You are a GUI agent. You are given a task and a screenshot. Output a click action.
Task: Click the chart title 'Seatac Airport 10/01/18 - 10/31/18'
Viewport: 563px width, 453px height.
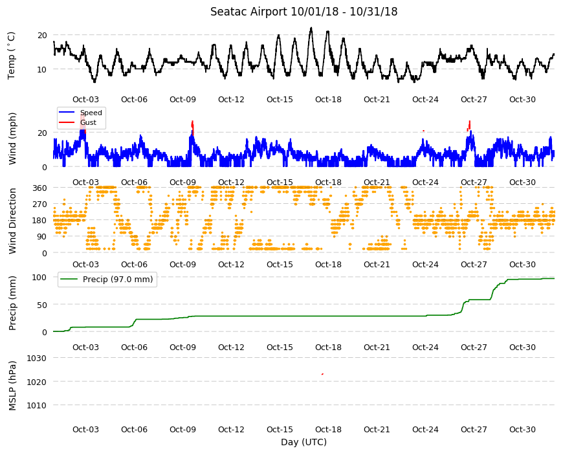[304, 12]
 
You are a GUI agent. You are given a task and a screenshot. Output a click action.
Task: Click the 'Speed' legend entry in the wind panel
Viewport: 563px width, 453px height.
[91, 113]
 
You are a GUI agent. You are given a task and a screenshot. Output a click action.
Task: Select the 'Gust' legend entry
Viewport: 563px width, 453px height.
[88, 122]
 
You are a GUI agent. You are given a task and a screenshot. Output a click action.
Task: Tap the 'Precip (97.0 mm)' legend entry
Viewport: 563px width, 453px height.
[118, 280]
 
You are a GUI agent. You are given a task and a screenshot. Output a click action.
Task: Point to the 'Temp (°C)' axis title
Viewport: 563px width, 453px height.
[12, 55]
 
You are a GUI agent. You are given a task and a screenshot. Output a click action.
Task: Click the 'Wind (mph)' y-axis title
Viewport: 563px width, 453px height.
[12, 138]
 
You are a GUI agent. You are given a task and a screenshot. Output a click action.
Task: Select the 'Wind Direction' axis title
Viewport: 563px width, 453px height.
[12, 221]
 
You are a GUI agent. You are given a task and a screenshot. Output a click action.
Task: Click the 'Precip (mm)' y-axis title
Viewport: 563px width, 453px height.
[12, 304]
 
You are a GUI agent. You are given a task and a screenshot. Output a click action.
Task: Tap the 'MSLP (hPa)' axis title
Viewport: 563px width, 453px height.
[12, 386]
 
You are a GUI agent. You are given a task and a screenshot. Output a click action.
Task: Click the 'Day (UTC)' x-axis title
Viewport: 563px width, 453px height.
[304, 442]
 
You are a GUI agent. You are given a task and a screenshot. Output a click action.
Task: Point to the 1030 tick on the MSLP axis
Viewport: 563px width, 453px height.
[37, 359]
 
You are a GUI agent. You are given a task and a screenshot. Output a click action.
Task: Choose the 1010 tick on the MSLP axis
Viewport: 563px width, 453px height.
[37, 406]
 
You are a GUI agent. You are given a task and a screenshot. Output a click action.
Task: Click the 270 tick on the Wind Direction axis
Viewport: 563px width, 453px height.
[40, 204]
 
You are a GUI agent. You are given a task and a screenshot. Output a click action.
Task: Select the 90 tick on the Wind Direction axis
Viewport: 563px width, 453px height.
[42, 237]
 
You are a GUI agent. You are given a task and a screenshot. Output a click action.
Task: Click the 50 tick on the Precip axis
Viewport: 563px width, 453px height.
[42, 305]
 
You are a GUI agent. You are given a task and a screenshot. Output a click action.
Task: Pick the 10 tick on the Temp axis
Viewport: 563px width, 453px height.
[42, 69]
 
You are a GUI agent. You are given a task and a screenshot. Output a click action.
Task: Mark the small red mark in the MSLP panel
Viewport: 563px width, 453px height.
[322, 374]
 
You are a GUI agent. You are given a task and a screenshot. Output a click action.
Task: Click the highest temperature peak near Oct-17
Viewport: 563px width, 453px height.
[311, 28]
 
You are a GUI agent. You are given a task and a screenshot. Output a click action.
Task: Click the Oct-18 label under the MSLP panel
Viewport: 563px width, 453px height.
[328, 429]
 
